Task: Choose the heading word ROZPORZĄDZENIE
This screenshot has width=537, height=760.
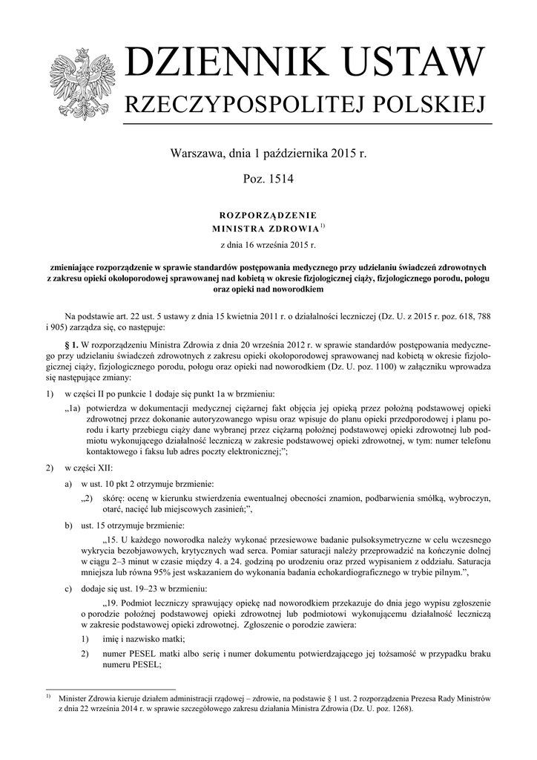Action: tap(268, 214)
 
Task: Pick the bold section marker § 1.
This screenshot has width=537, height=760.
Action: tap(71, 345)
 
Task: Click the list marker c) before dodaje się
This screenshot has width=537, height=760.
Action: tap(69, 587)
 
